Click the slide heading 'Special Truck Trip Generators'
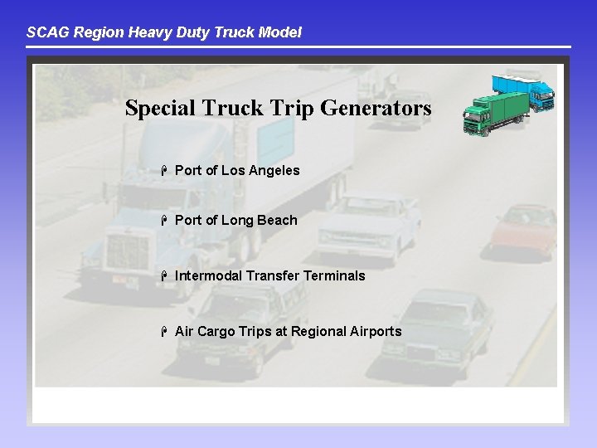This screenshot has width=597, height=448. (278, 108)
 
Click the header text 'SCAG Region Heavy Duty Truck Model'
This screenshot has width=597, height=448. (164, 32)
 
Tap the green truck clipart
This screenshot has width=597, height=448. (495, 114)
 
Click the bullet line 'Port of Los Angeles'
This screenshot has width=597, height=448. (237, 170)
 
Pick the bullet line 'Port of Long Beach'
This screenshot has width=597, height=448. (235, 220)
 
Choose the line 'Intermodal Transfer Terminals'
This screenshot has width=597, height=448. (269, 275)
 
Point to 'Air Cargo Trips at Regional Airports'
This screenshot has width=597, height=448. (288, 331)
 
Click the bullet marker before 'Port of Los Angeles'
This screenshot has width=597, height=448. (165, 170)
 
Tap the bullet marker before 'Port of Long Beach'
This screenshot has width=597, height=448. (165, 220)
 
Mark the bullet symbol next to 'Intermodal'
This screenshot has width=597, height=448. (165, 275)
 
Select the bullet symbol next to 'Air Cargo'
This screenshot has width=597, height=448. (165, 331)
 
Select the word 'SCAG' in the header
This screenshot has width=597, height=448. (44, 32)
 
